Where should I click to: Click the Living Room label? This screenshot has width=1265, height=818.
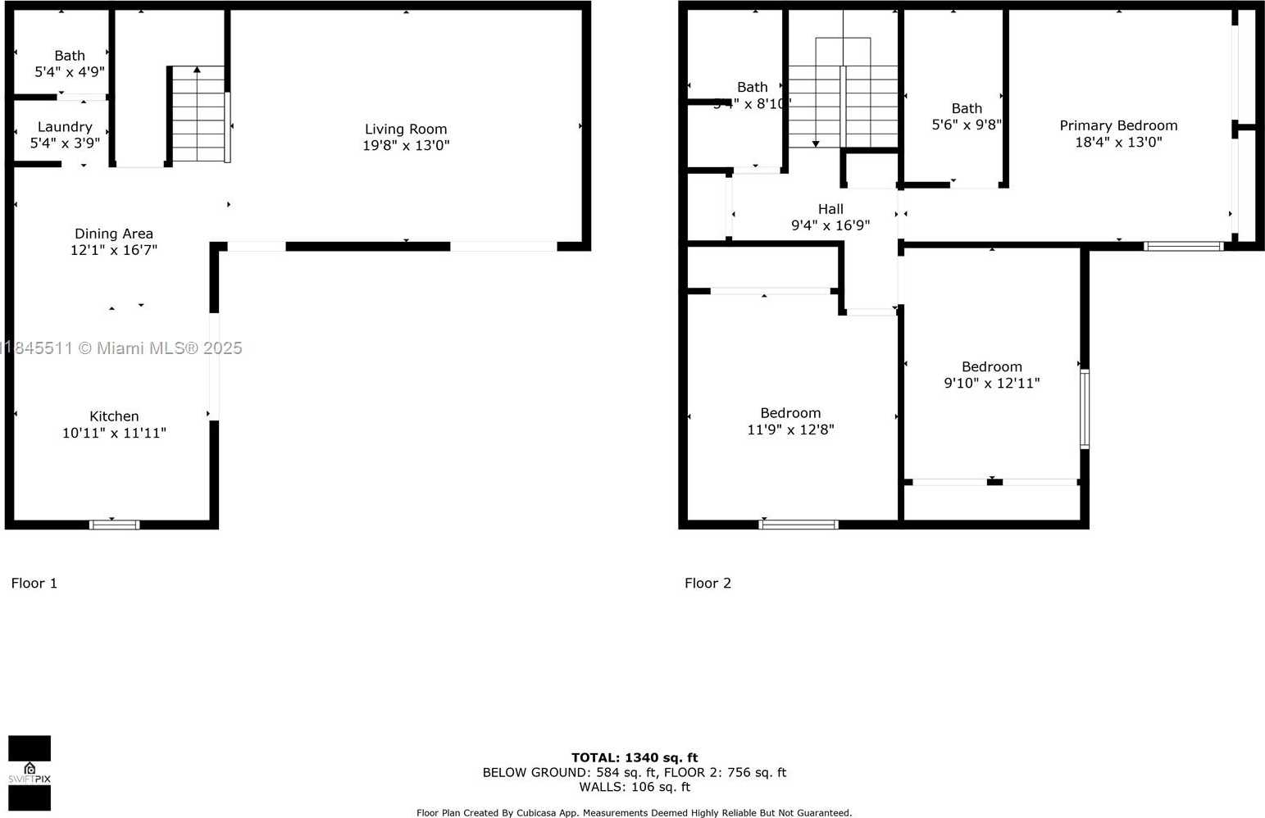pyautogui.click(x=406, y=129)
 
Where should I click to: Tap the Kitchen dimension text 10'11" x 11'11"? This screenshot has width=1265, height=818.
pyautogui.click(x=114, y=433)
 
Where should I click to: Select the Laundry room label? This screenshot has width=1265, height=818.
pyautogui.click(x=65, y=127)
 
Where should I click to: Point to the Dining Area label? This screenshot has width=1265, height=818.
pyautogui.click(x=114, y=234)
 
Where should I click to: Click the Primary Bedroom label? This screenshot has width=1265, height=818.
pyautogui.click(x=1118, y=125)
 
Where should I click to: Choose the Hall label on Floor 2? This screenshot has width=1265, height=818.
pyautogui.click(x=830, y=209)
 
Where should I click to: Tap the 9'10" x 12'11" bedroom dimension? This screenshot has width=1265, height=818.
pyautogui.click(x=992, y=383)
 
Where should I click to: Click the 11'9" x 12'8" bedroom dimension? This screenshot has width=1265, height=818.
pyautogui.click(x=790, y=429)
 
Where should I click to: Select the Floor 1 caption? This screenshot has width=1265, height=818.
pyautogui.click(x=34, y=583)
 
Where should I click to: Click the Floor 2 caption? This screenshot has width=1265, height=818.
pyautogui.click(x=708, y=583)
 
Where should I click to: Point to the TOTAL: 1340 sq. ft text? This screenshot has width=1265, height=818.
pyautogui.click(x=635, y=757)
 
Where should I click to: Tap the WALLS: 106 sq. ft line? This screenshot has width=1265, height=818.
pyautogui.click(x=635, y=787)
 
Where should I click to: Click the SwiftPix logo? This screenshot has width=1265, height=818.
pyautogui.click(x=30, y=773)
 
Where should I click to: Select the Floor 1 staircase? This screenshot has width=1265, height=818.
pyautogui.click(x=198, y=114)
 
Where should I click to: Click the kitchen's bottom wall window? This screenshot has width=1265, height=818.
pyautogui.click(x=114, y=525)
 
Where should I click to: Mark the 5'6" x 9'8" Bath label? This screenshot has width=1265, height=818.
pyautogui.click(x=967, y=108)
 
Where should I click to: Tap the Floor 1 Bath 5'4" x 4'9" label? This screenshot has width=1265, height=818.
pyautogui.click(x=70, y=56)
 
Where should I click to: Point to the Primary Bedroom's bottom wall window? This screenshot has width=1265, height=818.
pyautogui.click(x=1183, y=246)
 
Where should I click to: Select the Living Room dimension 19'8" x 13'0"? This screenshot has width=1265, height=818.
pyautogui.click(x=406, y=145)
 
